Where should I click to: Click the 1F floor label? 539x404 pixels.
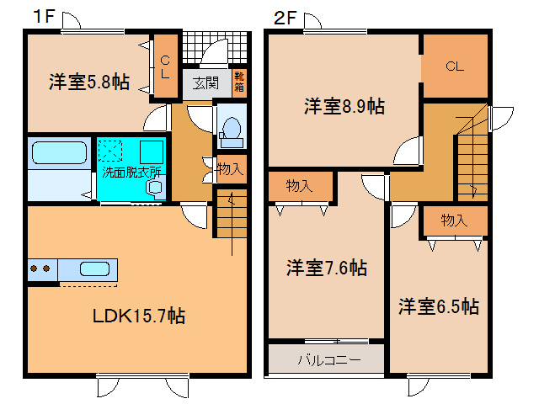click(x=44, y=16)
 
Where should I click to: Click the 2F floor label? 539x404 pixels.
click(x=285, y=18)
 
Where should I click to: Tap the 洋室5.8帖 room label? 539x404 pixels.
click(x=89, y=82)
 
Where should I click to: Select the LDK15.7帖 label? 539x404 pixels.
click(x=139, y=316)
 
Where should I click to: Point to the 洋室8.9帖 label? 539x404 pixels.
click(x=344, y=106)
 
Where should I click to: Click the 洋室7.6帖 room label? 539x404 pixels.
click(x=327, y=268)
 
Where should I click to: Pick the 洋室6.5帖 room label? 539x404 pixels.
click(x=439, y=306)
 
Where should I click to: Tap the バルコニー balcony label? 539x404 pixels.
click(x=329, y=359)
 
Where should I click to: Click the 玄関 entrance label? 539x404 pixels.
click(x=205, y=83)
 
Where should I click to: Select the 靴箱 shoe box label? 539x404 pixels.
click(x=239, y=82)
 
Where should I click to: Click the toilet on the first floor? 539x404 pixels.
click(x=231, y=133)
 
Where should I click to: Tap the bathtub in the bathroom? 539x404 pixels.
click(x=59, y=153)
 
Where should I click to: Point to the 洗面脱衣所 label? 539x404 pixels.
click(x=131, y=172)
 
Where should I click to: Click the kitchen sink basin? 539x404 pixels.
click(x=95, y=268)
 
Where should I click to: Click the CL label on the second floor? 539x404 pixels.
click(x=455, y=66)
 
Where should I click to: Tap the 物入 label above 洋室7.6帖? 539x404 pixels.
click(x=300, y=186)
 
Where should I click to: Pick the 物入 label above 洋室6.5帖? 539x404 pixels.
click(x=454, y=220)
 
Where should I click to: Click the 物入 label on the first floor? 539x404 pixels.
click(x=230, y=169)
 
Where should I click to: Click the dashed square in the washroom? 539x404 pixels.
click(x=110, y=151)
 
